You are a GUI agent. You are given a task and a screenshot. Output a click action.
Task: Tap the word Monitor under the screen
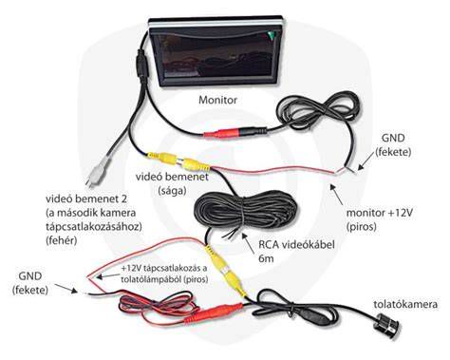pos(217,100)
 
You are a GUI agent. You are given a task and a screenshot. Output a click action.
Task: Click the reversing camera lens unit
pos(388,325)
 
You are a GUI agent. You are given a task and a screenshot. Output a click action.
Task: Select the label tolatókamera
pos(405,304)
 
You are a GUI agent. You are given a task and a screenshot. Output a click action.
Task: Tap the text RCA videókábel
pos(296,245)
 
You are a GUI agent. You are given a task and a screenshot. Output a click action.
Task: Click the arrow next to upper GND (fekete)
pos(367,164)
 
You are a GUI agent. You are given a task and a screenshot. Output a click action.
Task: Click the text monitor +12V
pos(380,213)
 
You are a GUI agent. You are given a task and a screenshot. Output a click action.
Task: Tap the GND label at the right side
pos(393,138)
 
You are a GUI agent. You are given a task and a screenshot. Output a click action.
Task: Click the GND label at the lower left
pos(30,275)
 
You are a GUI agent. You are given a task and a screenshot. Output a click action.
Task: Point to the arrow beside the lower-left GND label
pos(66,289)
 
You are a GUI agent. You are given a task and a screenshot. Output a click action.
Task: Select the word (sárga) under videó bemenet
pos(172,191)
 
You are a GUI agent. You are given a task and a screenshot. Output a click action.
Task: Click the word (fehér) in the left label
pos(62,240)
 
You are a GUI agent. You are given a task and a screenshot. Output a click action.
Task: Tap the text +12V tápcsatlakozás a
pos(163,268)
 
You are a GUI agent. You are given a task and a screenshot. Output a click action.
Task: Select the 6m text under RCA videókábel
pos(266,258)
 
